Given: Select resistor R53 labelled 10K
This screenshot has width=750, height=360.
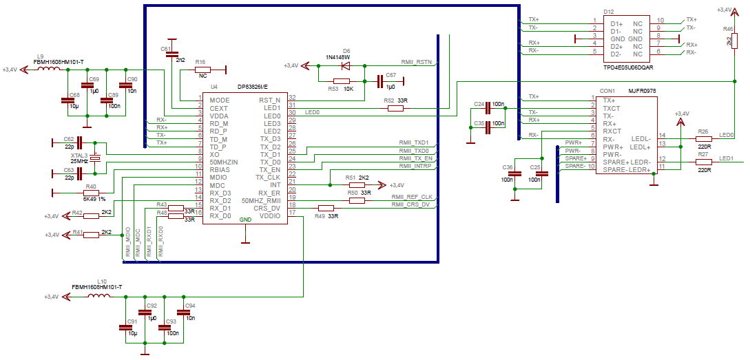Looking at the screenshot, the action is pyautogui.click(x=342, y=81).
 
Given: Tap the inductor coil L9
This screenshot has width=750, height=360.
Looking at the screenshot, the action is pyautogui.click(x=48, y=70).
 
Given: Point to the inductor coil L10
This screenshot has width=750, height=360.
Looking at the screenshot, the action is pyautogui.click(x=98, y=297).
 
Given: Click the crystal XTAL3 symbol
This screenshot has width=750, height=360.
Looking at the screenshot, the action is pyautogui.click(x=96, y=158).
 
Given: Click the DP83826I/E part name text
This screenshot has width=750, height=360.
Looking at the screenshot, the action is pyautogui.click(x=253, y=86).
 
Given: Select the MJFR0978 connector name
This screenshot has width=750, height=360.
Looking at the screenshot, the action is pyautogui.click(x=643, y=90).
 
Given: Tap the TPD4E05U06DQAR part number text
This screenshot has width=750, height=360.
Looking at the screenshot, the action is pyautogui.click(x=629, y=67).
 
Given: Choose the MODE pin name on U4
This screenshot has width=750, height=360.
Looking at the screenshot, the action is pyautogui.click(x=220, y=100).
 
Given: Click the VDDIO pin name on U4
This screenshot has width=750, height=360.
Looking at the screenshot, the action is pyautogui.click(x=269, y=215).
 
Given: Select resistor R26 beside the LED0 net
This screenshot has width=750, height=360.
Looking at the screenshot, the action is pyautogui.click(x=703, y=138).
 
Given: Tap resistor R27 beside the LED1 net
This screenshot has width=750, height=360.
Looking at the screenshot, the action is pyautogui.click(x=703, y=162).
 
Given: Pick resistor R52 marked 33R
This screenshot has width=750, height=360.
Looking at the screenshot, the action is pyautogui.click(x=395, y=109).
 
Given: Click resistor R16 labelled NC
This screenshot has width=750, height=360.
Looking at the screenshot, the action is pyautogui.click(x=202, y=70).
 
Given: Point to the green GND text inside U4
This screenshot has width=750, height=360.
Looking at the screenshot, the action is pyautogui.click(x=245, y=220).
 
